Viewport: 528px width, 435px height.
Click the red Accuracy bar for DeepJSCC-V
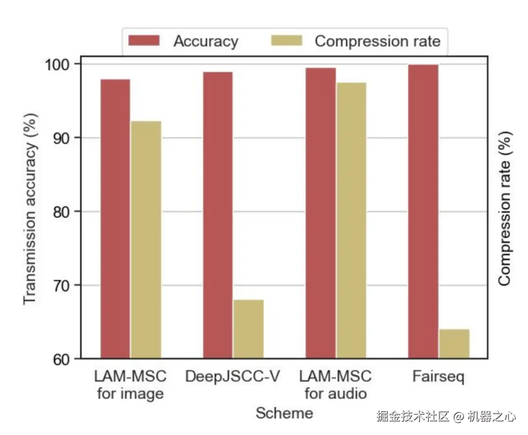(218, 215)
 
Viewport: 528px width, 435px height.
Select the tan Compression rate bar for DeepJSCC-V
(248, 329)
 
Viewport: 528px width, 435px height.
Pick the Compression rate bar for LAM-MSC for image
(146, 239)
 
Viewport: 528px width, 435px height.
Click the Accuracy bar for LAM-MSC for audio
(320, 213)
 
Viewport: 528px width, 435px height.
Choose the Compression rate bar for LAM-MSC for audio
(351, 220)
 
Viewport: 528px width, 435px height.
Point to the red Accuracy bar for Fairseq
(423, 211)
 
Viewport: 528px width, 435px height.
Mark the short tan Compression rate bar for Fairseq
(454, 344)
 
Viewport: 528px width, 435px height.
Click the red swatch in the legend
(144, 41)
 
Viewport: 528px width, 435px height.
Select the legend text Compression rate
(377, 41)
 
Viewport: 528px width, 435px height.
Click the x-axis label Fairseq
(438, 377)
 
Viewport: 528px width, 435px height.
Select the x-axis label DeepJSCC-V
(233, 377)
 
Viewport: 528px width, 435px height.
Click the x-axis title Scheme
(284, 413)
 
